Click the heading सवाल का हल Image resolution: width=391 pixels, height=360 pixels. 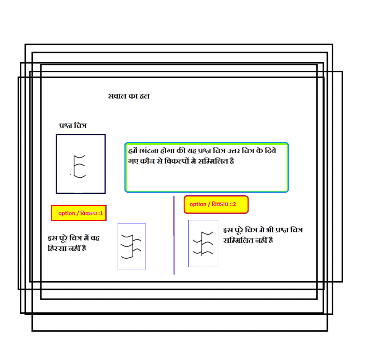[128, 96]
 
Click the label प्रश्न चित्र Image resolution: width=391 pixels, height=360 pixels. [73, 125]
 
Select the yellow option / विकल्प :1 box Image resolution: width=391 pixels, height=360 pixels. [79, 213]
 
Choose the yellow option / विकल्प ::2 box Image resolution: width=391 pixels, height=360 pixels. [216, 204]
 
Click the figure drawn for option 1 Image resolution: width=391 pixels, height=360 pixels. [131, 246]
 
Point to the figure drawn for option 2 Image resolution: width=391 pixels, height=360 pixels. [203, 244]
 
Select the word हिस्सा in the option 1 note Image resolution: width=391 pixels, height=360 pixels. [57, 248]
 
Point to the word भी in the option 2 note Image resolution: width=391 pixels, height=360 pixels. [270, 230]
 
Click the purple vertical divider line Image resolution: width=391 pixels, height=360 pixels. [174, 235]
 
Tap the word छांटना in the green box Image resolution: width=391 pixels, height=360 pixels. [149, 151]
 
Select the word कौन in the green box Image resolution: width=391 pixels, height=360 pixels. [147, 161]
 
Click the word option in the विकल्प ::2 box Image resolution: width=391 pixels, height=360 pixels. [198, 204]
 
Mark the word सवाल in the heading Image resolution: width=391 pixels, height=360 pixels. [117, 96]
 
